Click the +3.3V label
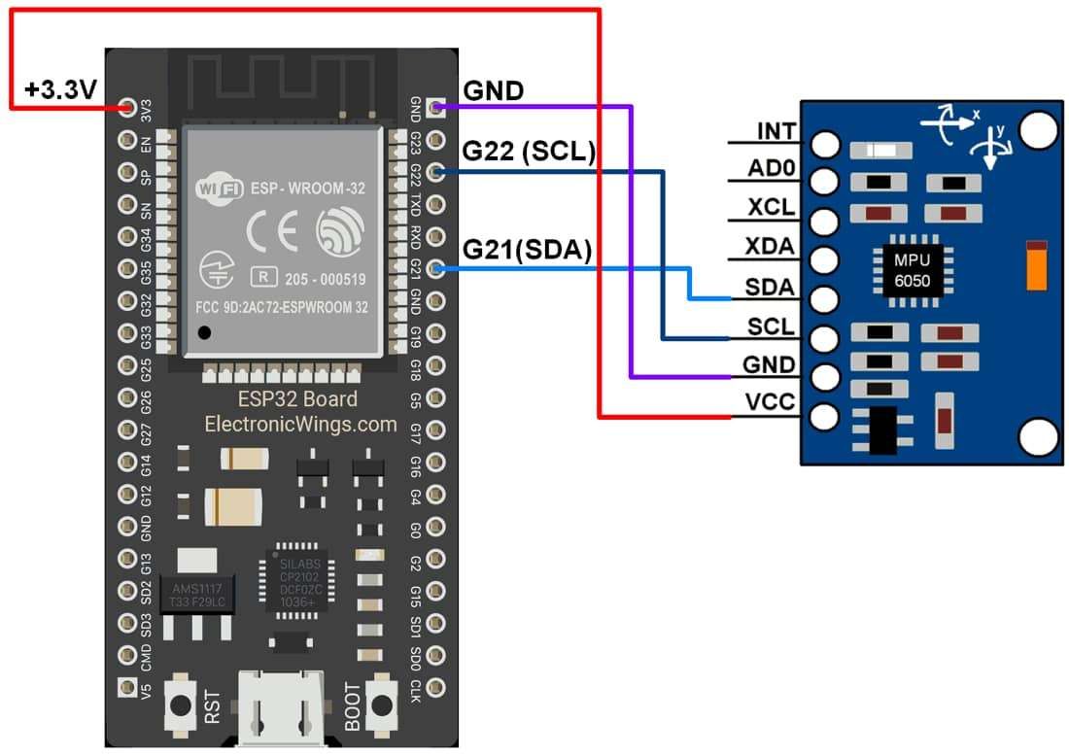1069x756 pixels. pyautogui.click(x=60, y=91)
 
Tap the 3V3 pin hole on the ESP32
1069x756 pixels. pyautogui.click(x=126, y=107)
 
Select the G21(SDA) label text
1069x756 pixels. pyautogui.click(x=527, y=250)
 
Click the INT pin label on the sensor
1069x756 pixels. pyautogui.click(x=776, y=131)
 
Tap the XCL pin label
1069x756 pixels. pyautogui.click(x=774, y=208)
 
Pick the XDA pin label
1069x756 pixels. pyautogui.click(x=773, y=247)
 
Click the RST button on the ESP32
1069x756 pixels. pyautogui.click(x=182, y=702)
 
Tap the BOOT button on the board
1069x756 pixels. pyautogui.click(x=385, y=702)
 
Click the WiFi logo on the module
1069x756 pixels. pyautogui.click(x=219, y=189)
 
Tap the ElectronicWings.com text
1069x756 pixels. pyautogui.click(x=300, y=424)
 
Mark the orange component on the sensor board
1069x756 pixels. pyautogui.click(x=1036, y=266)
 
